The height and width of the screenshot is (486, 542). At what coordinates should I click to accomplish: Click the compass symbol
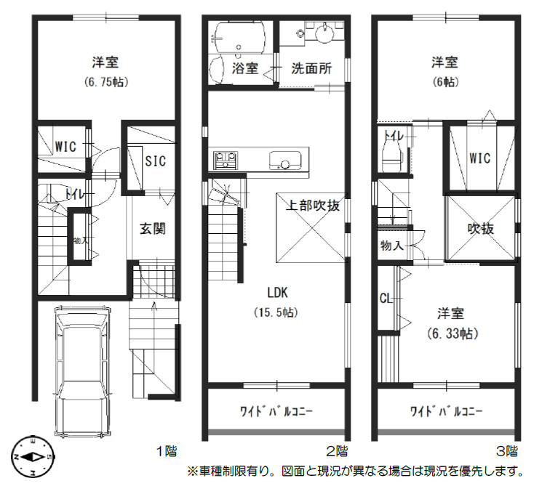[32, 457]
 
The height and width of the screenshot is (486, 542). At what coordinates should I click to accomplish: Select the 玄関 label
[152, 229]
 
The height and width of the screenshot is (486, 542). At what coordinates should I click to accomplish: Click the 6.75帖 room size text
[105, 82]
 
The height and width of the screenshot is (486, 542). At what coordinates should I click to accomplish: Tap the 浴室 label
[245, 69]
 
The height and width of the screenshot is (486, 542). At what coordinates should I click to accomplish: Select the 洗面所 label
[311, 69]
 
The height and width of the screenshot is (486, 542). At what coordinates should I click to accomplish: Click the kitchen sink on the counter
[280, 159]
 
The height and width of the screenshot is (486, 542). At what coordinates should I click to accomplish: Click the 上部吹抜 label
[311, 206]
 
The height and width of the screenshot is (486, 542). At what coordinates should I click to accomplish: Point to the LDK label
[277, 293]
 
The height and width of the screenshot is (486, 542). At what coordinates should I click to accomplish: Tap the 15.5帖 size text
[277, 313]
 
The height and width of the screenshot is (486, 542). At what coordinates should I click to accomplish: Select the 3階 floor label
[507, 450]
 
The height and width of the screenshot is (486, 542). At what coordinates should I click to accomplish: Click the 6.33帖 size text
[451, 334]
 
